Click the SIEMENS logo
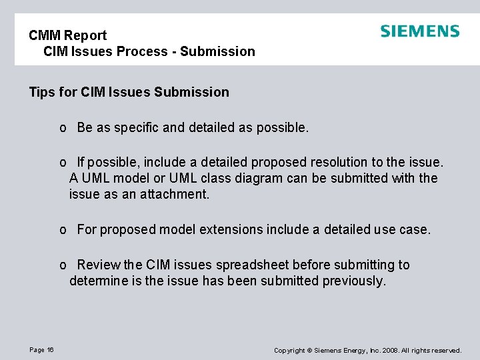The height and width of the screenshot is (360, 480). click(419, 31)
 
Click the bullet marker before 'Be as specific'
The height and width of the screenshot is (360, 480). click(62, 128)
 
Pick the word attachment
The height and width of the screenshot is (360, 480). click(176, 194)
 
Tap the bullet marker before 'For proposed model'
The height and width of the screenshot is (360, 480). click(62, 230)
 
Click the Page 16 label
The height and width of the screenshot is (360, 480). click(41, 350)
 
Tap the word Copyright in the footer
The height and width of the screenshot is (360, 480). click(289, 351)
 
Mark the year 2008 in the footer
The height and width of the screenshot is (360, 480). click(389, 351)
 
